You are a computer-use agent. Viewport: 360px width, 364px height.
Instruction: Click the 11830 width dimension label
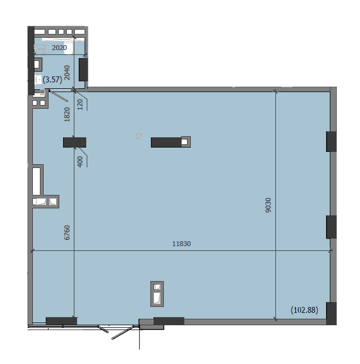tap(181, 244)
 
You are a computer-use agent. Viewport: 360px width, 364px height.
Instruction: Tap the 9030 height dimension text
tap(268, 205)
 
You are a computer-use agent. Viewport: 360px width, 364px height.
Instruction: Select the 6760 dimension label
tap(67, 233)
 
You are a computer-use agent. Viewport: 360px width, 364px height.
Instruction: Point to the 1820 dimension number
tap(67, 115)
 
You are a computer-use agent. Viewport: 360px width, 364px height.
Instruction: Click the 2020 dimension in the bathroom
tap(59, 47)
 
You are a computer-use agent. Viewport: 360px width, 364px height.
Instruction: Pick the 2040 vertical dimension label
tap(67, 73)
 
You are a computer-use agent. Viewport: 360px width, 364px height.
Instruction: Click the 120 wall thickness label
tap(80, 104)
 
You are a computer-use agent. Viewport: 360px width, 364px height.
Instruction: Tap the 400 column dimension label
tap(80, 162)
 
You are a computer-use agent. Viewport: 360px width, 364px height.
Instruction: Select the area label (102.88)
tap(304, 310)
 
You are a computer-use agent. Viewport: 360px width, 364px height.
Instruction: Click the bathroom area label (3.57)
tap(52, 80)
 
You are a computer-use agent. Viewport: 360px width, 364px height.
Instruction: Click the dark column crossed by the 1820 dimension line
tap(74, 142)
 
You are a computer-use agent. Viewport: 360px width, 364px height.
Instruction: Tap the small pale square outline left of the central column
tap(139, 136)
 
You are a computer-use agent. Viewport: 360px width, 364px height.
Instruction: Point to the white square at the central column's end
tap(184, 142)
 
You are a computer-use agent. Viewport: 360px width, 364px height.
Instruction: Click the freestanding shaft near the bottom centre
tap(157, 294)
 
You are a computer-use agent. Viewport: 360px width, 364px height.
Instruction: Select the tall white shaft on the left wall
tap(37, 181)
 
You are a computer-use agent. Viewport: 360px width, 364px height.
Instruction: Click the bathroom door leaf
tap(58, 96)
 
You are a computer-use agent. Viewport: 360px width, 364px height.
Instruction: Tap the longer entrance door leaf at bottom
tap(122, 333)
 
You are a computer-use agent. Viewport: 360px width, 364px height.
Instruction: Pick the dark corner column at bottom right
tap(331, 313)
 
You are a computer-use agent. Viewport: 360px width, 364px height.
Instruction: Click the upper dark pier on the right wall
tap(331, 142)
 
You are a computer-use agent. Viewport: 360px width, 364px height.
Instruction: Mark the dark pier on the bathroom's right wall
tap(83, 69)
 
